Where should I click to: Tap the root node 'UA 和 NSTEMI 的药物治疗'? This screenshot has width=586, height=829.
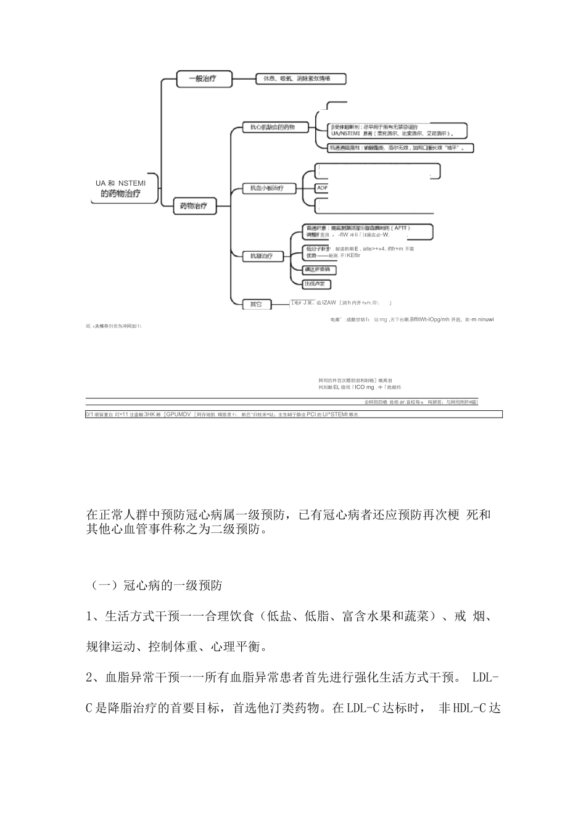pyautogui.click(x=121, y=189)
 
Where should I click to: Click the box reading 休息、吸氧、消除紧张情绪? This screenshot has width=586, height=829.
pyautogui.click(x=300, y=78)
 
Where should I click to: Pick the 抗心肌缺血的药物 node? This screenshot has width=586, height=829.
pyautogui.click(x=268, y=127)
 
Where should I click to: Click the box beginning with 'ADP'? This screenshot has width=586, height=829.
pyautogui.click(x=323, y=188)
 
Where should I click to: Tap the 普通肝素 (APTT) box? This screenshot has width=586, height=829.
pyautogui.click(x=369, y=231)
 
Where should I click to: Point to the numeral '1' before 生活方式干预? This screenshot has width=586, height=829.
pyautogui.click(x=89, y=616)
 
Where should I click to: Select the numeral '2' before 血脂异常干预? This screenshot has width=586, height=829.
pyautogui.click(x=89, y=678)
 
